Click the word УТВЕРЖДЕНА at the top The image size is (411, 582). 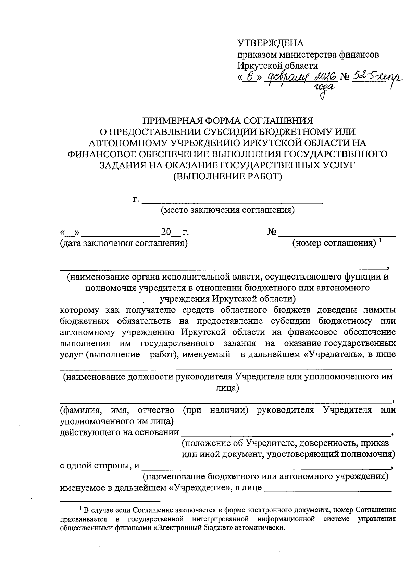271,43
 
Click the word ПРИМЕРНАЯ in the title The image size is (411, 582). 172,121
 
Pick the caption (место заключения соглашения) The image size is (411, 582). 228,210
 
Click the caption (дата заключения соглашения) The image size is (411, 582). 124,243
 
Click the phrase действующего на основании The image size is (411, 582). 119,432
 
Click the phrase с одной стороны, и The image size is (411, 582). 100,466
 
